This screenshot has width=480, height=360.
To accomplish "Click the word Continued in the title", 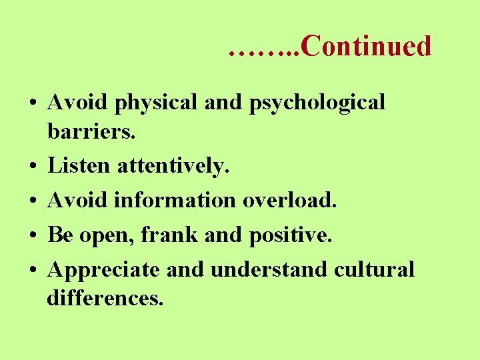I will (x=366, y=46).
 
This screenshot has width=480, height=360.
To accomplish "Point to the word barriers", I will (x=91, y=131).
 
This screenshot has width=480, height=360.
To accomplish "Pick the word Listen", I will (x=79, y=165).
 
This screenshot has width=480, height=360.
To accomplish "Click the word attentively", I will (x=173, y=165).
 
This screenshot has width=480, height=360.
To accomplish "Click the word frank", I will (x=188, y=234).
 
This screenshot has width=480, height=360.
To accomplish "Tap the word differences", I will (x=105, y=297).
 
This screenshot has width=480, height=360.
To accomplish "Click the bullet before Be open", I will (x=32, y=235).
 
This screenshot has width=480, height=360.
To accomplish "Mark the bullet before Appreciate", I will (x=32, y=270).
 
